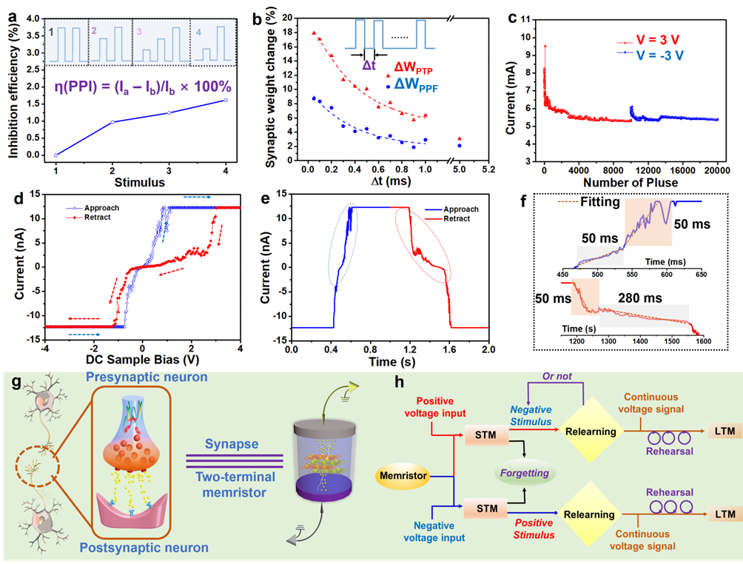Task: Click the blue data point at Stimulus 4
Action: coord(225,100)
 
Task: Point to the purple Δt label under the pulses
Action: coord(369,64)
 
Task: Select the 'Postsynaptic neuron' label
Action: coord(150,548)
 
